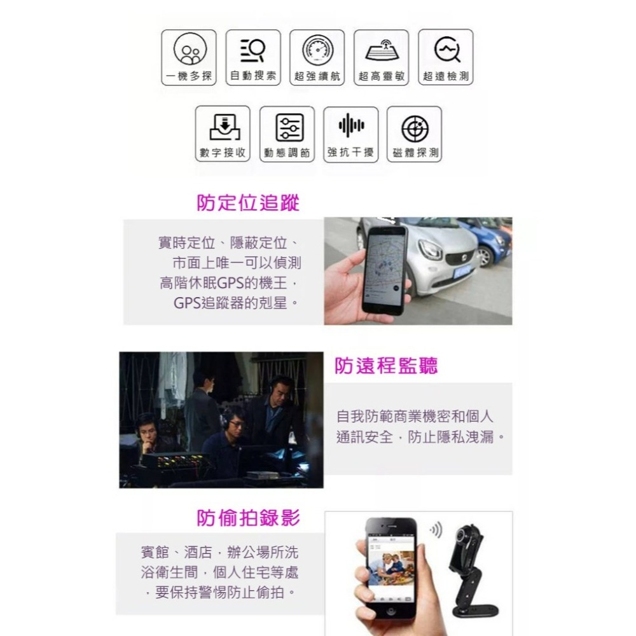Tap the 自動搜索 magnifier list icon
click(x=253, y=49)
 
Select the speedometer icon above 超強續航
click(x=317, y=49)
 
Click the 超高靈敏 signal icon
click(x=381, y=49)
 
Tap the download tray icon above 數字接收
click(x=223, y=127)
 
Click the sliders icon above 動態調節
click(x=289, y=127)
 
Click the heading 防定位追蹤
click(x=247, y=203)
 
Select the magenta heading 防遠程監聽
click(x=386, y=366)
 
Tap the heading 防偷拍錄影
click(x=248, y=518)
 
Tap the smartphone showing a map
click(x=384, y=270)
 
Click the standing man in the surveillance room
click(x=202, y=407)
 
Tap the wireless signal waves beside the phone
click(x=436, y=530)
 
